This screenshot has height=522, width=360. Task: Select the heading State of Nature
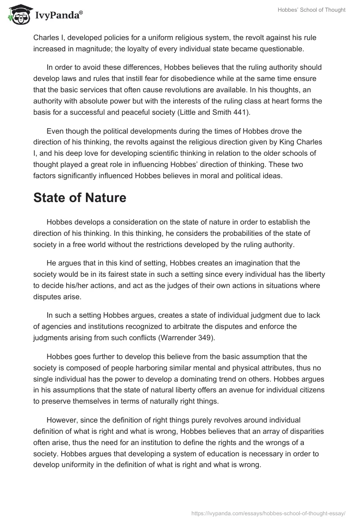click(80, 198)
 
